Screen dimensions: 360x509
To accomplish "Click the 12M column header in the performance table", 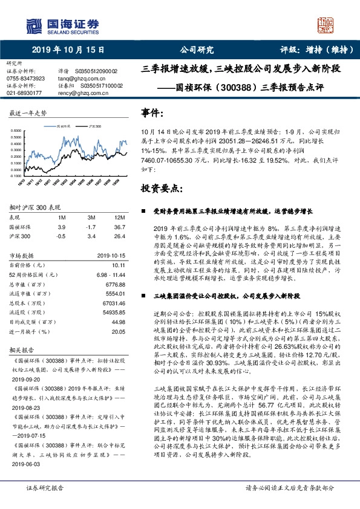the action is [119, 217].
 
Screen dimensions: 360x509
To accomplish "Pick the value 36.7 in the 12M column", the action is [120, 226].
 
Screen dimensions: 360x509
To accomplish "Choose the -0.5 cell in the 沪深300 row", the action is [61, 235].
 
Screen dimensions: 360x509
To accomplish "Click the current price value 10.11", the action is [118, 265].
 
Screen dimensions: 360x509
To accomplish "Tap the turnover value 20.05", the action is [118, 331].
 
